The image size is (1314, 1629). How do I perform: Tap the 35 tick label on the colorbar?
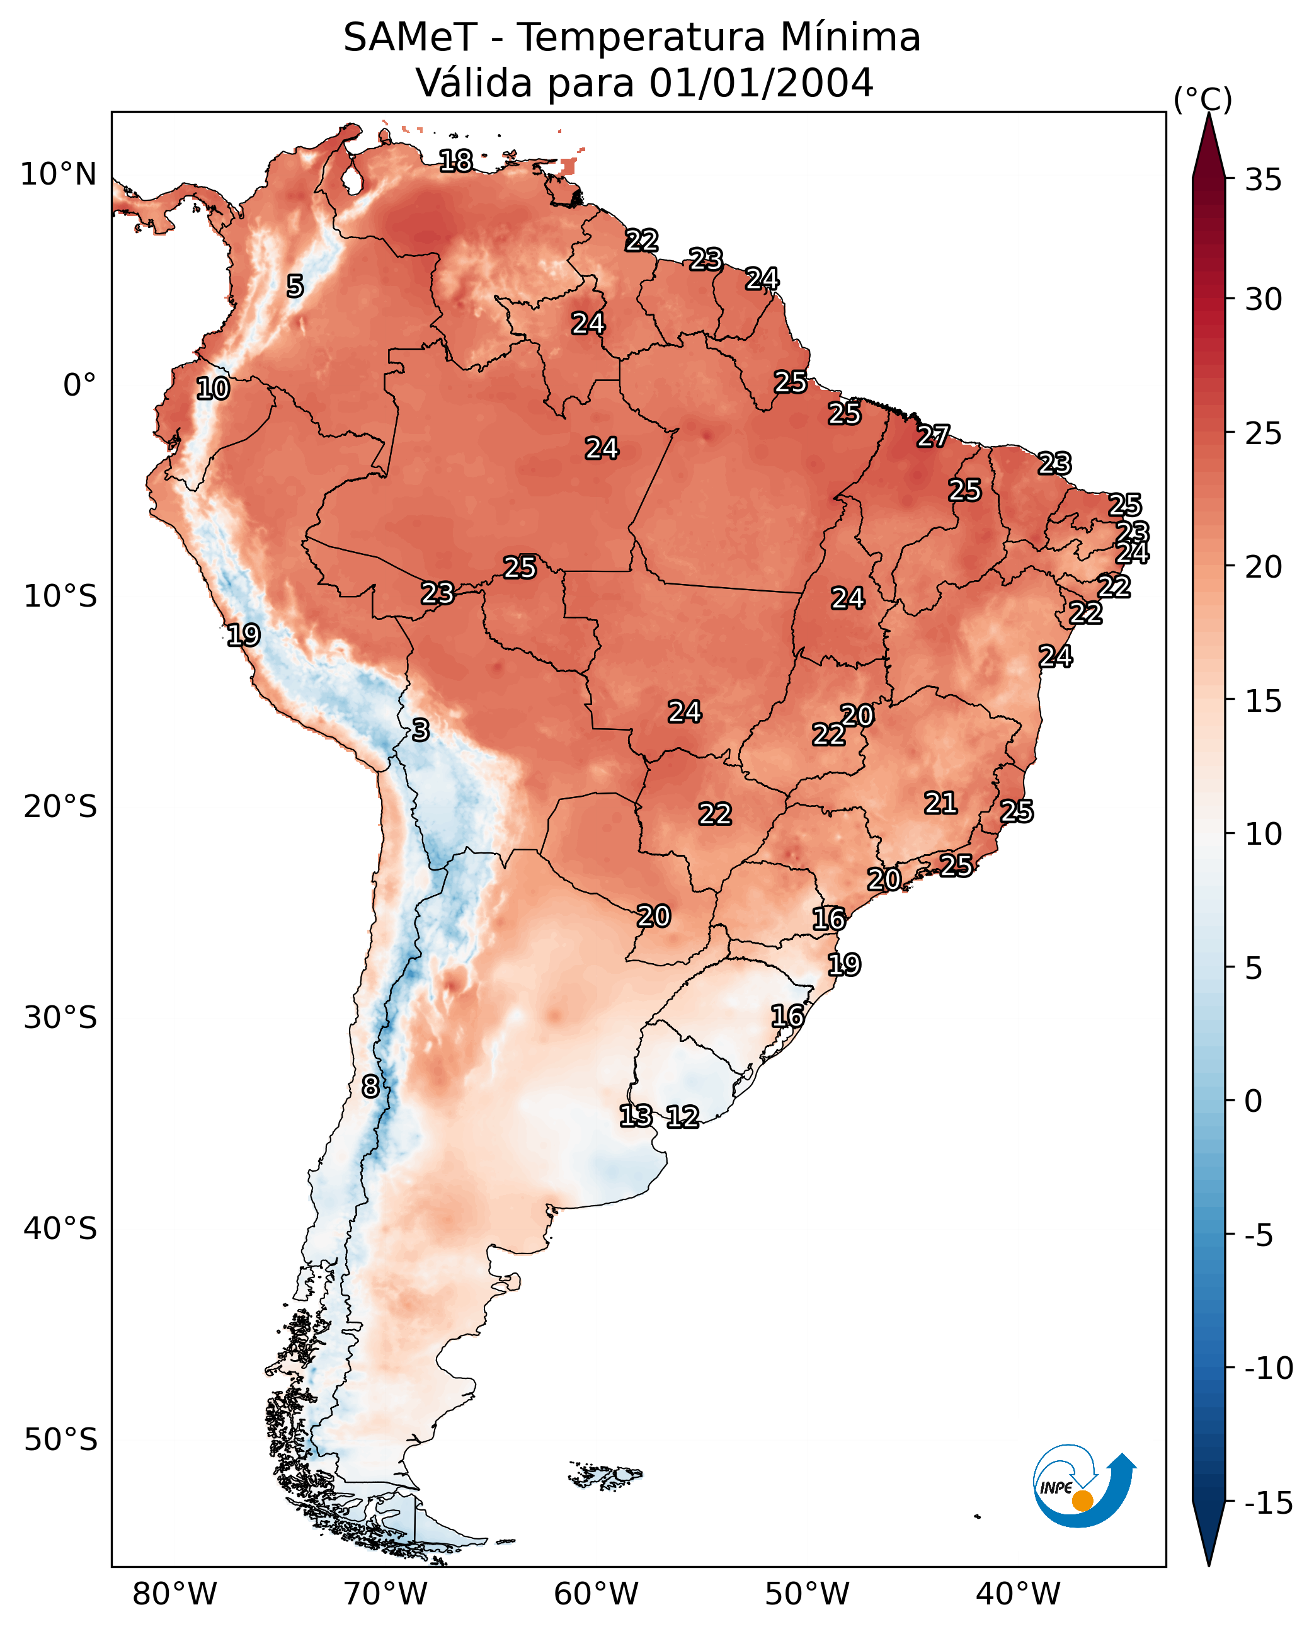(1263, 180)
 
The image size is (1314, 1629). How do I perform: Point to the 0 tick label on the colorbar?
(1254, 1101)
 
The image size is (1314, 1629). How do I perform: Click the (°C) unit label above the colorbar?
(1203, 99)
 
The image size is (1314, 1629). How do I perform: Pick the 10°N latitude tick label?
(59, 175)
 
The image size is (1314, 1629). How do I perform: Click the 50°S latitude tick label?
(60, 1439)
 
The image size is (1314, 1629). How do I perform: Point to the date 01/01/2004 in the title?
(761, 83)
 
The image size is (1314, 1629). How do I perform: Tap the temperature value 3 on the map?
(420, 729)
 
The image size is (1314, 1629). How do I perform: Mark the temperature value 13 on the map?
(636, 1115)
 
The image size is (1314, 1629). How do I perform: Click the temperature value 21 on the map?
(940, 803)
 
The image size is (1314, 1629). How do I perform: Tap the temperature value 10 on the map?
(213, 388)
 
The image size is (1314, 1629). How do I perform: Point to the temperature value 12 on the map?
(683, 1116)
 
